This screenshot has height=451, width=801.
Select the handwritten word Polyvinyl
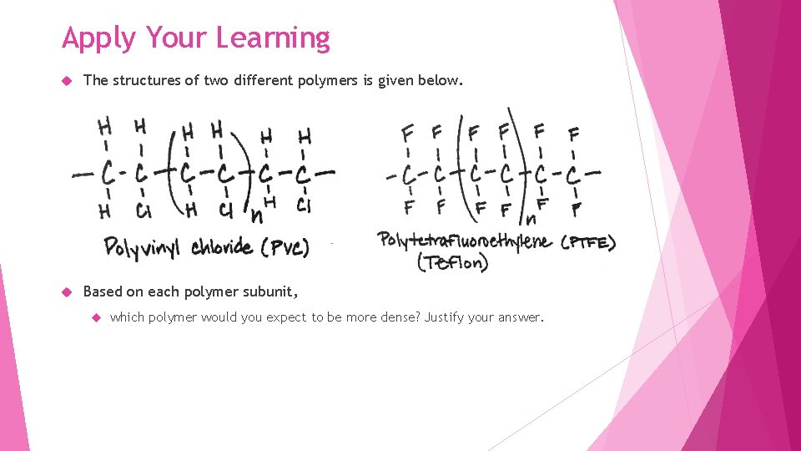(145, 247)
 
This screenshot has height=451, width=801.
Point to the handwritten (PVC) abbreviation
(285, 247)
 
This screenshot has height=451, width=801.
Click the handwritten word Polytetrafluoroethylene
(464, 241)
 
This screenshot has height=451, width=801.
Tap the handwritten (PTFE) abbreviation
(587, 242)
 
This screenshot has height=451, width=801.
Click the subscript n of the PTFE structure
(529, 220)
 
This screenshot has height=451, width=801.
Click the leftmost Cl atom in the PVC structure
(143, 210)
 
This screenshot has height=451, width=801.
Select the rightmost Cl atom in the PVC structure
(304, 205)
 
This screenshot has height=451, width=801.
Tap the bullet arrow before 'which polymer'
(96, 318)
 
